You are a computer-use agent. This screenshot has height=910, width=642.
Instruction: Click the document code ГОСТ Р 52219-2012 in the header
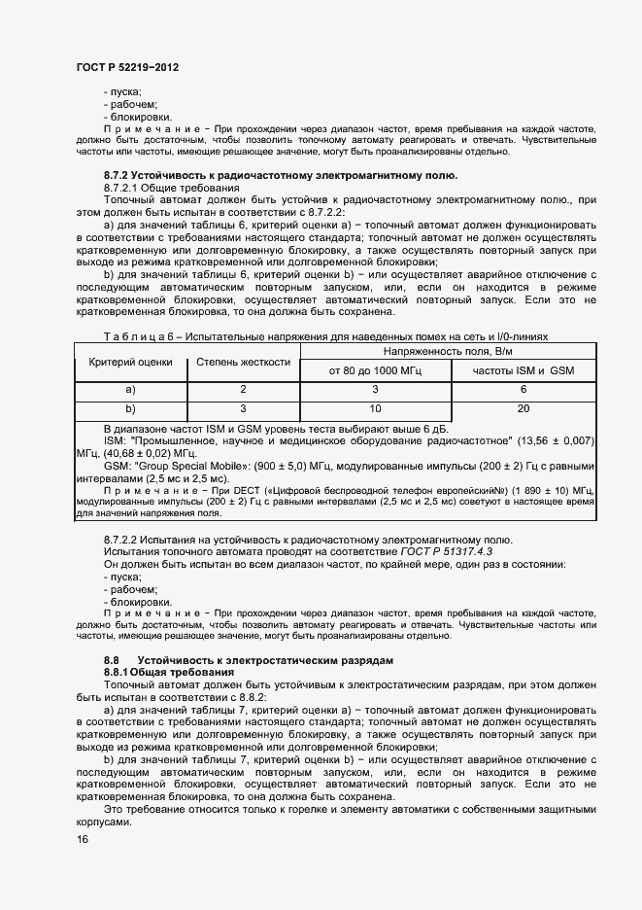(127, 67)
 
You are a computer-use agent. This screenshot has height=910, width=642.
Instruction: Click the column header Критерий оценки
(130, 363)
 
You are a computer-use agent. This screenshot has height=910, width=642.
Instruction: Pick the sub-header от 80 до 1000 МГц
(375, 371)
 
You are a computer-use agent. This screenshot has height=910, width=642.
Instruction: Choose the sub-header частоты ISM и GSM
(524, 371)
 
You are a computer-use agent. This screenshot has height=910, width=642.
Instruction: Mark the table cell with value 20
(524, 408)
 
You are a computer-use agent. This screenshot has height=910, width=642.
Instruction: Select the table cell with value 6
(524, 390)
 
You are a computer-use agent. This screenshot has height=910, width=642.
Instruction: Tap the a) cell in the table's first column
(130, 390)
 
